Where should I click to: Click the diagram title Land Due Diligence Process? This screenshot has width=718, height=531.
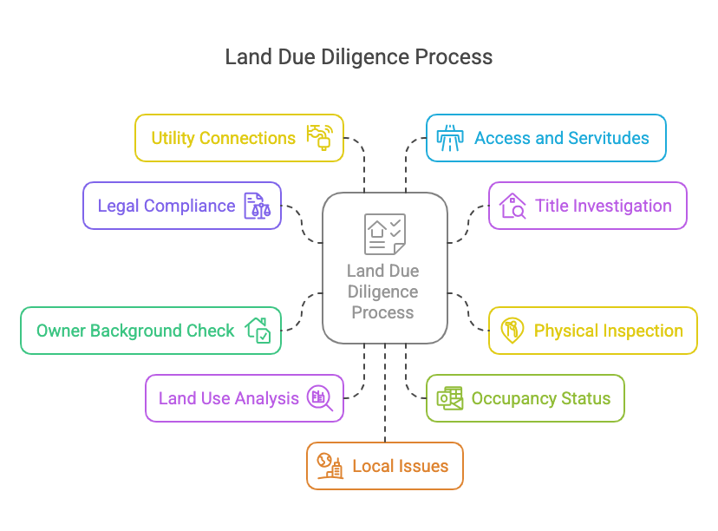click(358, 57)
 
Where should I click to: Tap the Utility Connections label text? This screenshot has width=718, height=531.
click(223, 138)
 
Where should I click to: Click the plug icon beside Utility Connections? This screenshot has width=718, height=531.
click(319, 138)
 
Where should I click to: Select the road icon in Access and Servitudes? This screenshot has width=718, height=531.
click(449, 138)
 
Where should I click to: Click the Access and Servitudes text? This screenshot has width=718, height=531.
click(561, 138)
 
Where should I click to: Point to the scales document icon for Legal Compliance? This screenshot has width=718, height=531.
click(257, 206)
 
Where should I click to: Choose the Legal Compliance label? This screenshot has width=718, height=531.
click(166, 206)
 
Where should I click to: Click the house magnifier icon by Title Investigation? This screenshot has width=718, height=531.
click(512, 206)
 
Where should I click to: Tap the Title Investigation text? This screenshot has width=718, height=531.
click(603, 206)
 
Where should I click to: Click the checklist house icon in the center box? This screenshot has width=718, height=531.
click(384, 234)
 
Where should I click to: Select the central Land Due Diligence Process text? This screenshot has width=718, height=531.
click(383, 292)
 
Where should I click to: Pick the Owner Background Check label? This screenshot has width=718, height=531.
click(135, 331)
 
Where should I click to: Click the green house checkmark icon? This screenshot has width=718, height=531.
click(258, 331)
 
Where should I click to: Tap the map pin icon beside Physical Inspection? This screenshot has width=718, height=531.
click(512, 331)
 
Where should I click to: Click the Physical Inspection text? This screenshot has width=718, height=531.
click(608, 331)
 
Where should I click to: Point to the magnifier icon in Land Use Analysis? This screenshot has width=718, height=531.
click(320, 398)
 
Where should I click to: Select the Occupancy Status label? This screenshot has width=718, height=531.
click(540, 398)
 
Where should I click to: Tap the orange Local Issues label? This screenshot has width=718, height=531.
click(400, 466)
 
